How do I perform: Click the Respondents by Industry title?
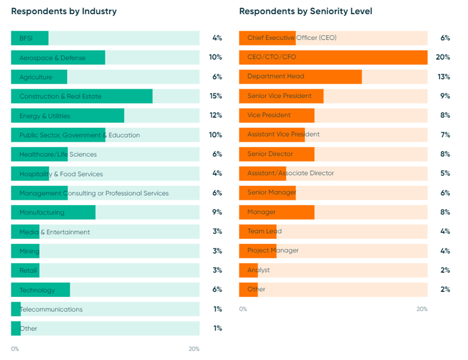(64, 11)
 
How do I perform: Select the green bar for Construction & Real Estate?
(82, 96)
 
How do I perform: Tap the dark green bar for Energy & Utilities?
(68, 116)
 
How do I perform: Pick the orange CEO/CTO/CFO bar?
(333, 57)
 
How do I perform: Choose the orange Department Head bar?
(300, 77)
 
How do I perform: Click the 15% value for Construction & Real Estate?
(216, 96)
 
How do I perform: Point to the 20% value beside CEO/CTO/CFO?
(443, 57)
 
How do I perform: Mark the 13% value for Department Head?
(444, 77)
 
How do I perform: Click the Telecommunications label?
(51, 309)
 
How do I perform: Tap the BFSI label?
(27, 38)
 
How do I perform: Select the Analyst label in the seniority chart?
(258, 270)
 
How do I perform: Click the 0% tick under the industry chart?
(15, 349)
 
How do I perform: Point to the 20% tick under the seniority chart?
(422, 309)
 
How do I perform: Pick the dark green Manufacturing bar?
(53, 212)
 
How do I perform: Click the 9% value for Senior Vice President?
(445, 96)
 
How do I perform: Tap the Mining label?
(29, 251)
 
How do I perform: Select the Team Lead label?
(264, 231)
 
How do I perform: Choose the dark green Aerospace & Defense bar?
(58, 58)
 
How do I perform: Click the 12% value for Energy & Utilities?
(216, 116)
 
